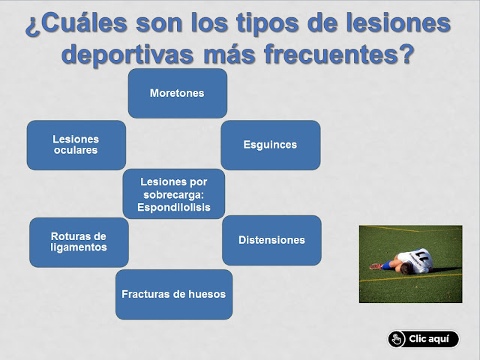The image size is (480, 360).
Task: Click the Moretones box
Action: pos(177,93)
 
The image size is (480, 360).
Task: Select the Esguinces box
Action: pos(270,145)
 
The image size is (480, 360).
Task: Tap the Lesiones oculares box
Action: pos(76,145)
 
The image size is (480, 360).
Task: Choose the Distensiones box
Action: pos(271,240)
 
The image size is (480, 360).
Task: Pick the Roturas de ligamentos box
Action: pos(79,241)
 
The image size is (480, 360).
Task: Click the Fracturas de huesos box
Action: pos(173,294)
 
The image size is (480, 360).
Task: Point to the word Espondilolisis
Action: pos(173,207)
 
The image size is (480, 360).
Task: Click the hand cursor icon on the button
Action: pos(397,339)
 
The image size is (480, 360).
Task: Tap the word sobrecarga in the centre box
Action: pos(173,194)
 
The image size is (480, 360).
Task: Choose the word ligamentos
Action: pos(79,247)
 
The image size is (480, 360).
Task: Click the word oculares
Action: pos(76,151)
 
